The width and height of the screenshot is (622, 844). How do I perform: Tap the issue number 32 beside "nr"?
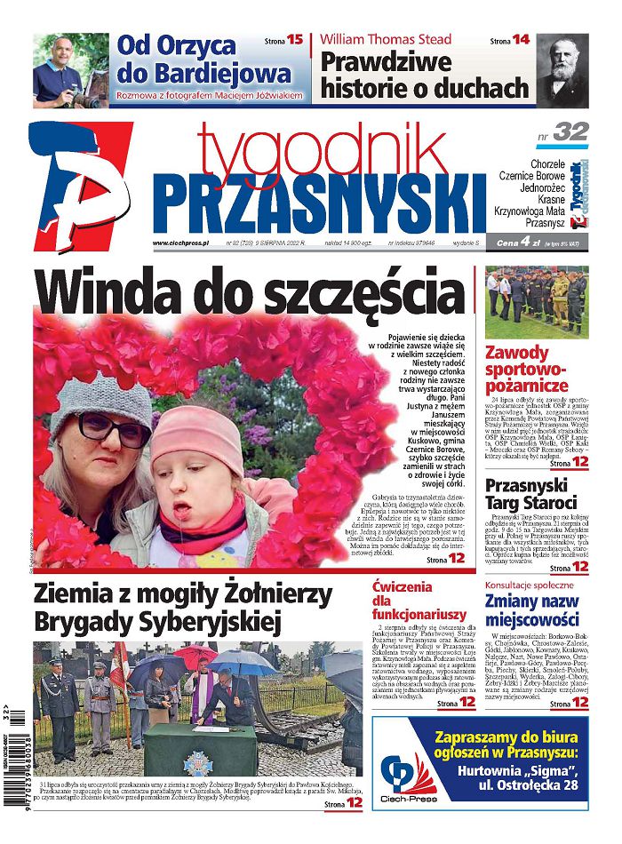pos(570,132)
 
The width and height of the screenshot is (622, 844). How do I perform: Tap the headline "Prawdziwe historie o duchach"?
pos(424,75)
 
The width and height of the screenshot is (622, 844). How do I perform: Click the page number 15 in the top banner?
pos(294,40)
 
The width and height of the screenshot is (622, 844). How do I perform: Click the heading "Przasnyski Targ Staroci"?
pos(531,494)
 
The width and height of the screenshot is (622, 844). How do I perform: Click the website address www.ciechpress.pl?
pos(180,243)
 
